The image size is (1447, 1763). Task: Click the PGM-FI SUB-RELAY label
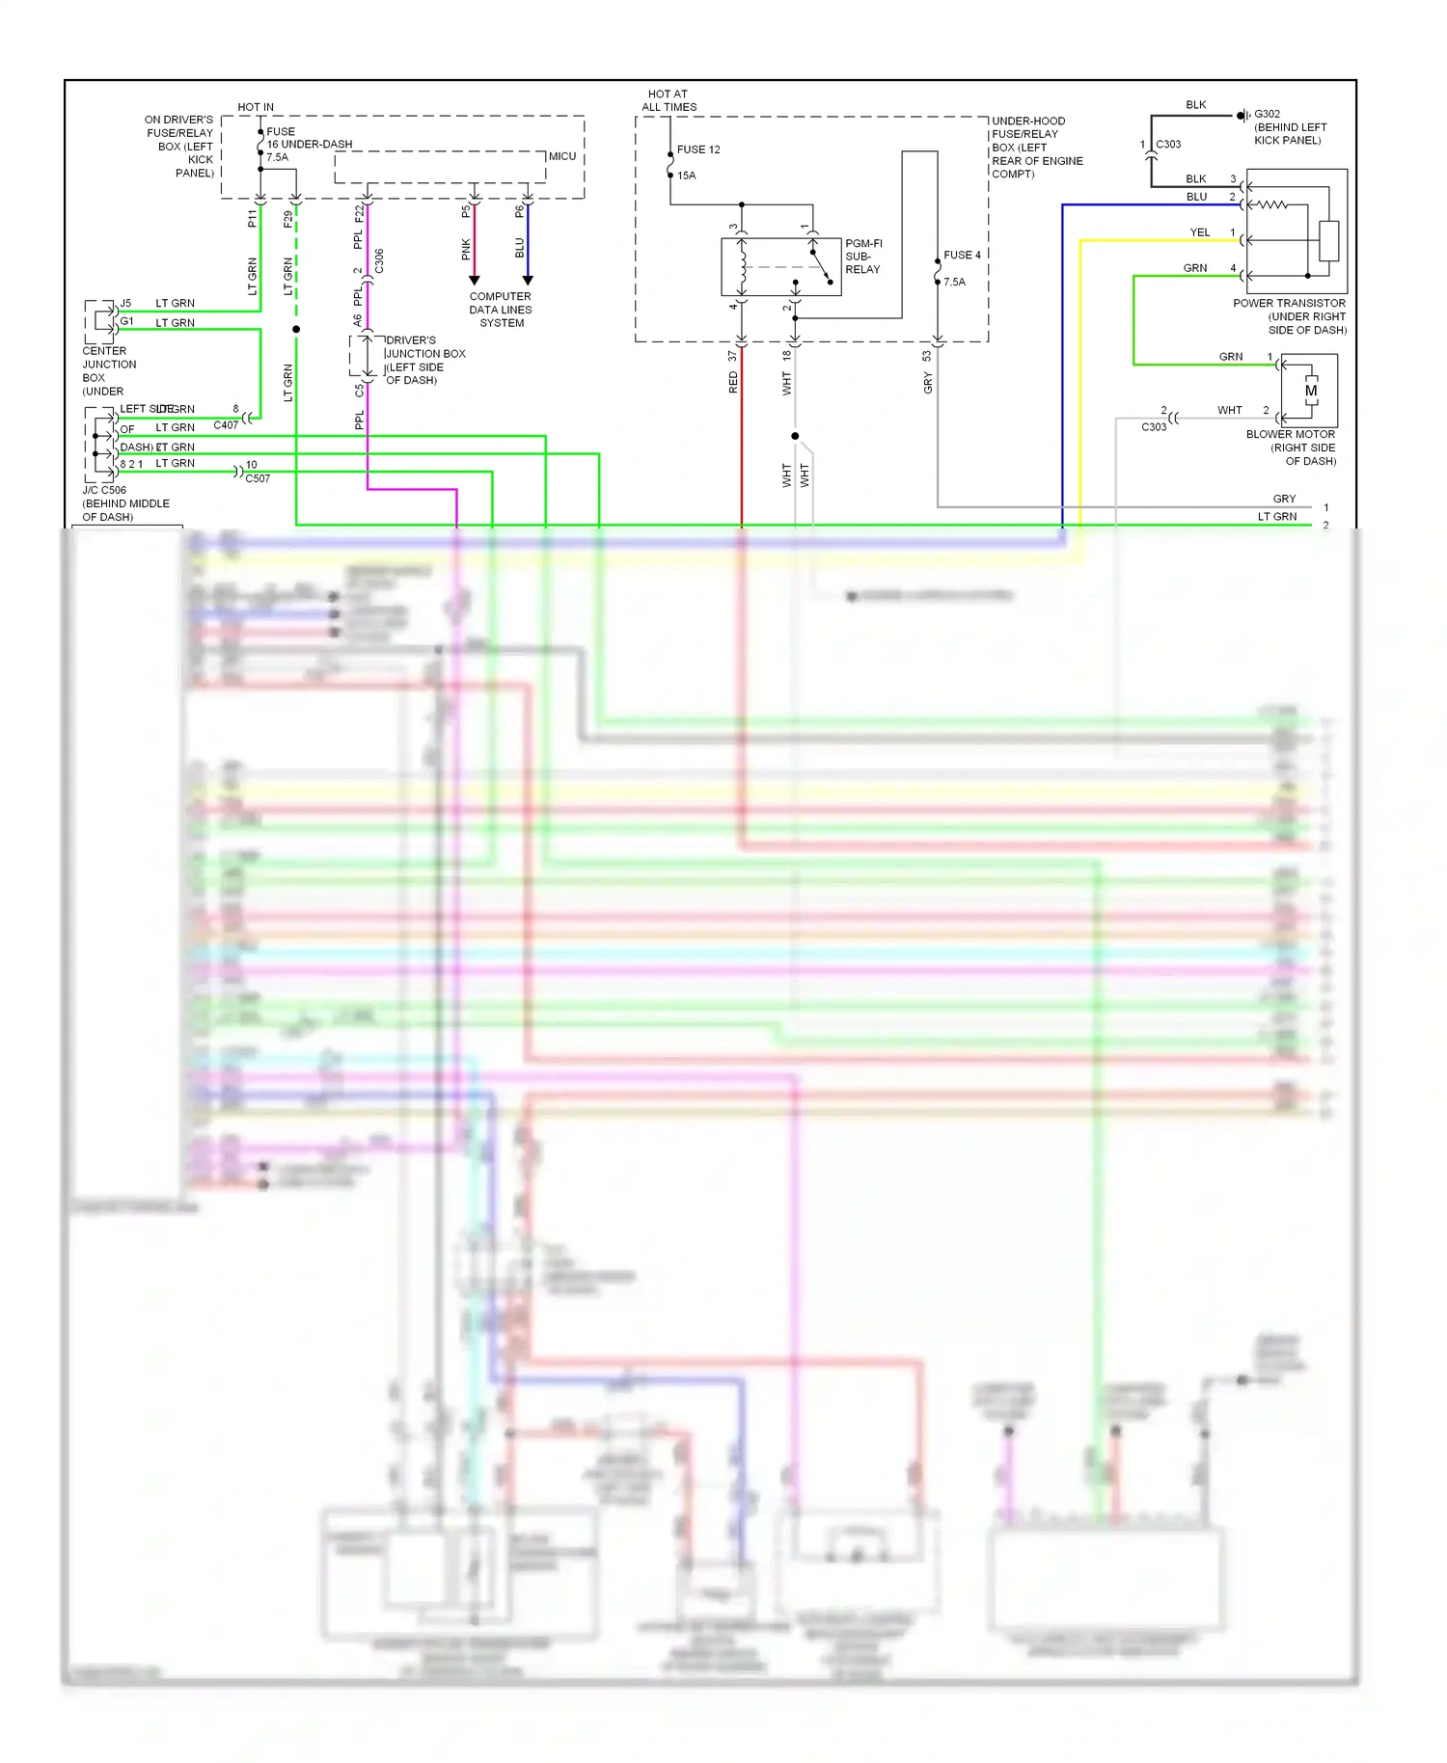pyautogui.click(x=862, y=257)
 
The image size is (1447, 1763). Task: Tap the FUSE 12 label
pyautogui.click(x=698, y=149)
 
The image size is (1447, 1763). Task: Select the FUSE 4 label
pyautogui.click(x=962, y=256)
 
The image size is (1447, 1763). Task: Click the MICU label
pyautogui.click(x=562, y=156)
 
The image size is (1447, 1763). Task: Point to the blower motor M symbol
pyautogui.click(x=1311, y=391)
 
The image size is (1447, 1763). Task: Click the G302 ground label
pyautogui.click(x=1267, y=114)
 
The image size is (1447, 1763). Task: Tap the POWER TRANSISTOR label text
pyautogui.click(x=1289, y=303)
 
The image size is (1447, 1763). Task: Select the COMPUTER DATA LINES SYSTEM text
pyautogui.click(x=501, y=310)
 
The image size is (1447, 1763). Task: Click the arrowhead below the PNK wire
pyautogui.click(x=474, y=281)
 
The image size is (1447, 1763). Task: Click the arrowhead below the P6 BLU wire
pyautogui.click(x=528, y=281)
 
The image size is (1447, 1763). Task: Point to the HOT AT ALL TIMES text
pyautogui.click(x=669, y=101)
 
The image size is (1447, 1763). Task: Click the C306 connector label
pyautogui.click(x=379, y=260)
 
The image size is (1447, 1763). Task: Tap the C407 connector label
pyautogui.click(x=226, y=425)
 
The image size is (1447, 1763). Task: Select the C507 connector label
pyautogui.click(x=258, y=478)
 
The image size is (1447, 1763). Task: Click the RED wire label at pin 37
pyautogui.click(x=733, y=384)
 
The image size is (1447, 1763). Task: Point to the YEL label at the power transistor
pyautogui.click(x=1199, y=232)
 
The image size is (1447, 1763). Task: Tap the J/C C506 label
pyautogui.click(x=104, y=490)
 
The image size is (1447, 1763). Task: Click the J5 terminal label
pyautogui.click(x=125, y=303)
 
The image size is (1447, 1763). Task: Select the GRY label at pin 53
pyautogui.click(x=928, y=385)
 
